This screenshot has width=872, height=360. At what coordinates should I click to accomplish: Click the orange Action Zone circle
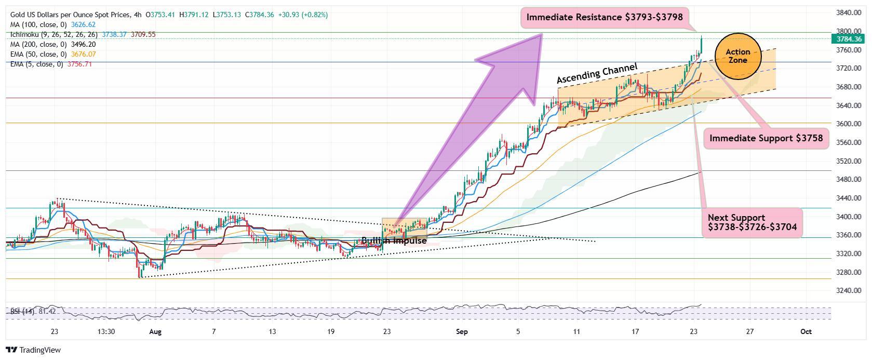click(737, 56)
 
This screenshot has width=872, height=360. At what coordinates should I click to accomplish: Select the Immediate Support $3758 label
click(766, 138)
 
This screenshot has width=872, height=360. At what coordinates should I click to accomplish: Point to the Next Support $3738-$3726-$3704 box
click(752, 222)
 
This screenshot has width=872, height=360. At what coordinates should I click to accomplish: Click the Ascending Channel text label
click(597, 73)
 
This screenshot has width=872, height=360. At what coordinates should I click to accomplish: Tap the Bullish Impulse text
click(394, 241)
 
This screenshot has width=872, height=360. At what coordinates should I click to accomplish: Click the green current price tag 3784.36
click(849, 39)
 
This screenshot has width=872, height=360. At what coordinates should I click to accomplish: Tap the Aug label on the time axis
click(155, 331)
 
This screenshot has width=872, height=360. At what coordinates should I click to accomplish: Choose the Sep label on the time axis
click(462, 331)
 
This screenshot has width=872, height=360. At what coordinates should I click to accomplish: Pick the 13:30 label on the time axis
click(105, 331)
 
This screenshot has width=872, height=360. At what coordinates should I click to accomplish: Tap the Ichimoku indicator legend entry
click(52, 34)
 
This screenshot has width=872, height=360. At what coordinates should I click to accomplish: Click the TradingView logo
click(34, 350)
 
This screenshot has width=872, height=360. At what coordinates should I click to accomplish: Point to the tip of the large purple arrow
click(542, 35)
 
